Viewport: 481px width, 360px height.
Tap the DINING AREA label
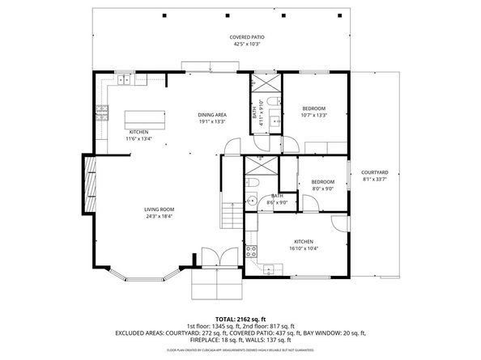pos(212,115)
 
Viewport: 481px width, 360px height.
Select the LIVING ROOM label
pos(160,210)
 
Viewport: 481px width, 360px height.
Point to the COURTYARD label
pos(374,172)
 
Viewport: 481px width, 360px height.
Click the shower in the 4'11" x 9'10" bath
pos(264,85)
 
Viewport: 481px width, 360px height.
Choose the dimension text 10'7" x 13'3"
pos(313,115)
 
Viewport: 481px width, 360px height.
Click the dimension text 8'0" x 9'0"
pos(323,188)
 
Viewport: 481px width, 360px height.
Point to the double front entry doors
pos(215,258)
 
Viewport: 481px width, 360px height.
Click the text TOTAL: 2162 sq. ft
pos(240,319)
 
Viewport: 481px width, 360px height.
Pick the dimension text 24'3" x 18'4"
pos(160,216)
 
